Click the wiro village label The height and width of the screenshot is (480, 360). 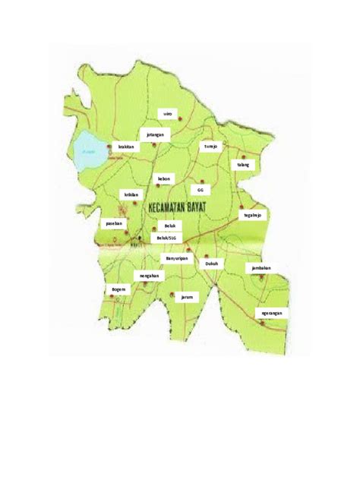click(x=168, y=114)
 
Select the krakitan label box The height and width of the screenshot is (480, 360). click(x=127, y=147)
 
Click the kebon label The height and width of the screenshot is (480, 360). click(x=164, y=179)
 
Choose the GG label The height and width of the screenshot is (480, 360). click(x=201, y=190)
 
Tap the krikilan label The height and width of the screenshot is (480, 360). click(x=131, y=194)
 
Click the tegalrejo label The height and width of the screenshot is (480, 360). click(x=253, y=216)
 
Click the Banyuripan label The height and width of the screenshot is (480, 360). click(x=176, y=258)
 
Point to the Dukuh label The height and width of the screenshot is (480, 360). click(x=212, y=264)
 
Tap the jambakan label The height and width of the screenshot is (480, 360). click(x=259, y=268)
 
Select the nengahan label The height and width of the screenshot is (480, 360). click(x=149, y=276)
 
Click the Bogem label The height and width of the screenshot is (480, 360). click(x=118, y=289)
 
